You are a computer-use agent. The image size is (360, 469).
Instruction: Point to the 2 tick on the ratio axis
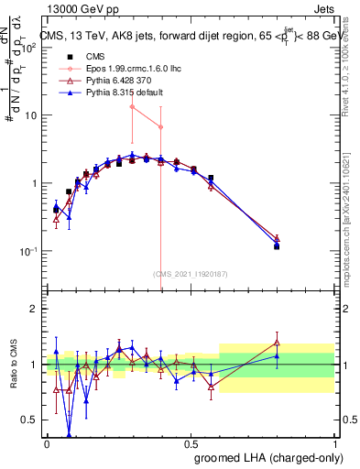[x=34, y=309]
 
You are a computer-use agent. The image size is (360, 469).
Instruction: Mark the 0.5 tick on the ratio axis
[x=30, y=420]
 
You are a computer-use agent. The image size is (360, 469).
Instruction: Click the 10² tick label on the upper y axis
[x=27, y=48]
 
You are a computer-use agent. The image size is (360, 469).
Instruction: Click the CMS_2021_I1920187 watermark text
[x=190, y=273]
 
